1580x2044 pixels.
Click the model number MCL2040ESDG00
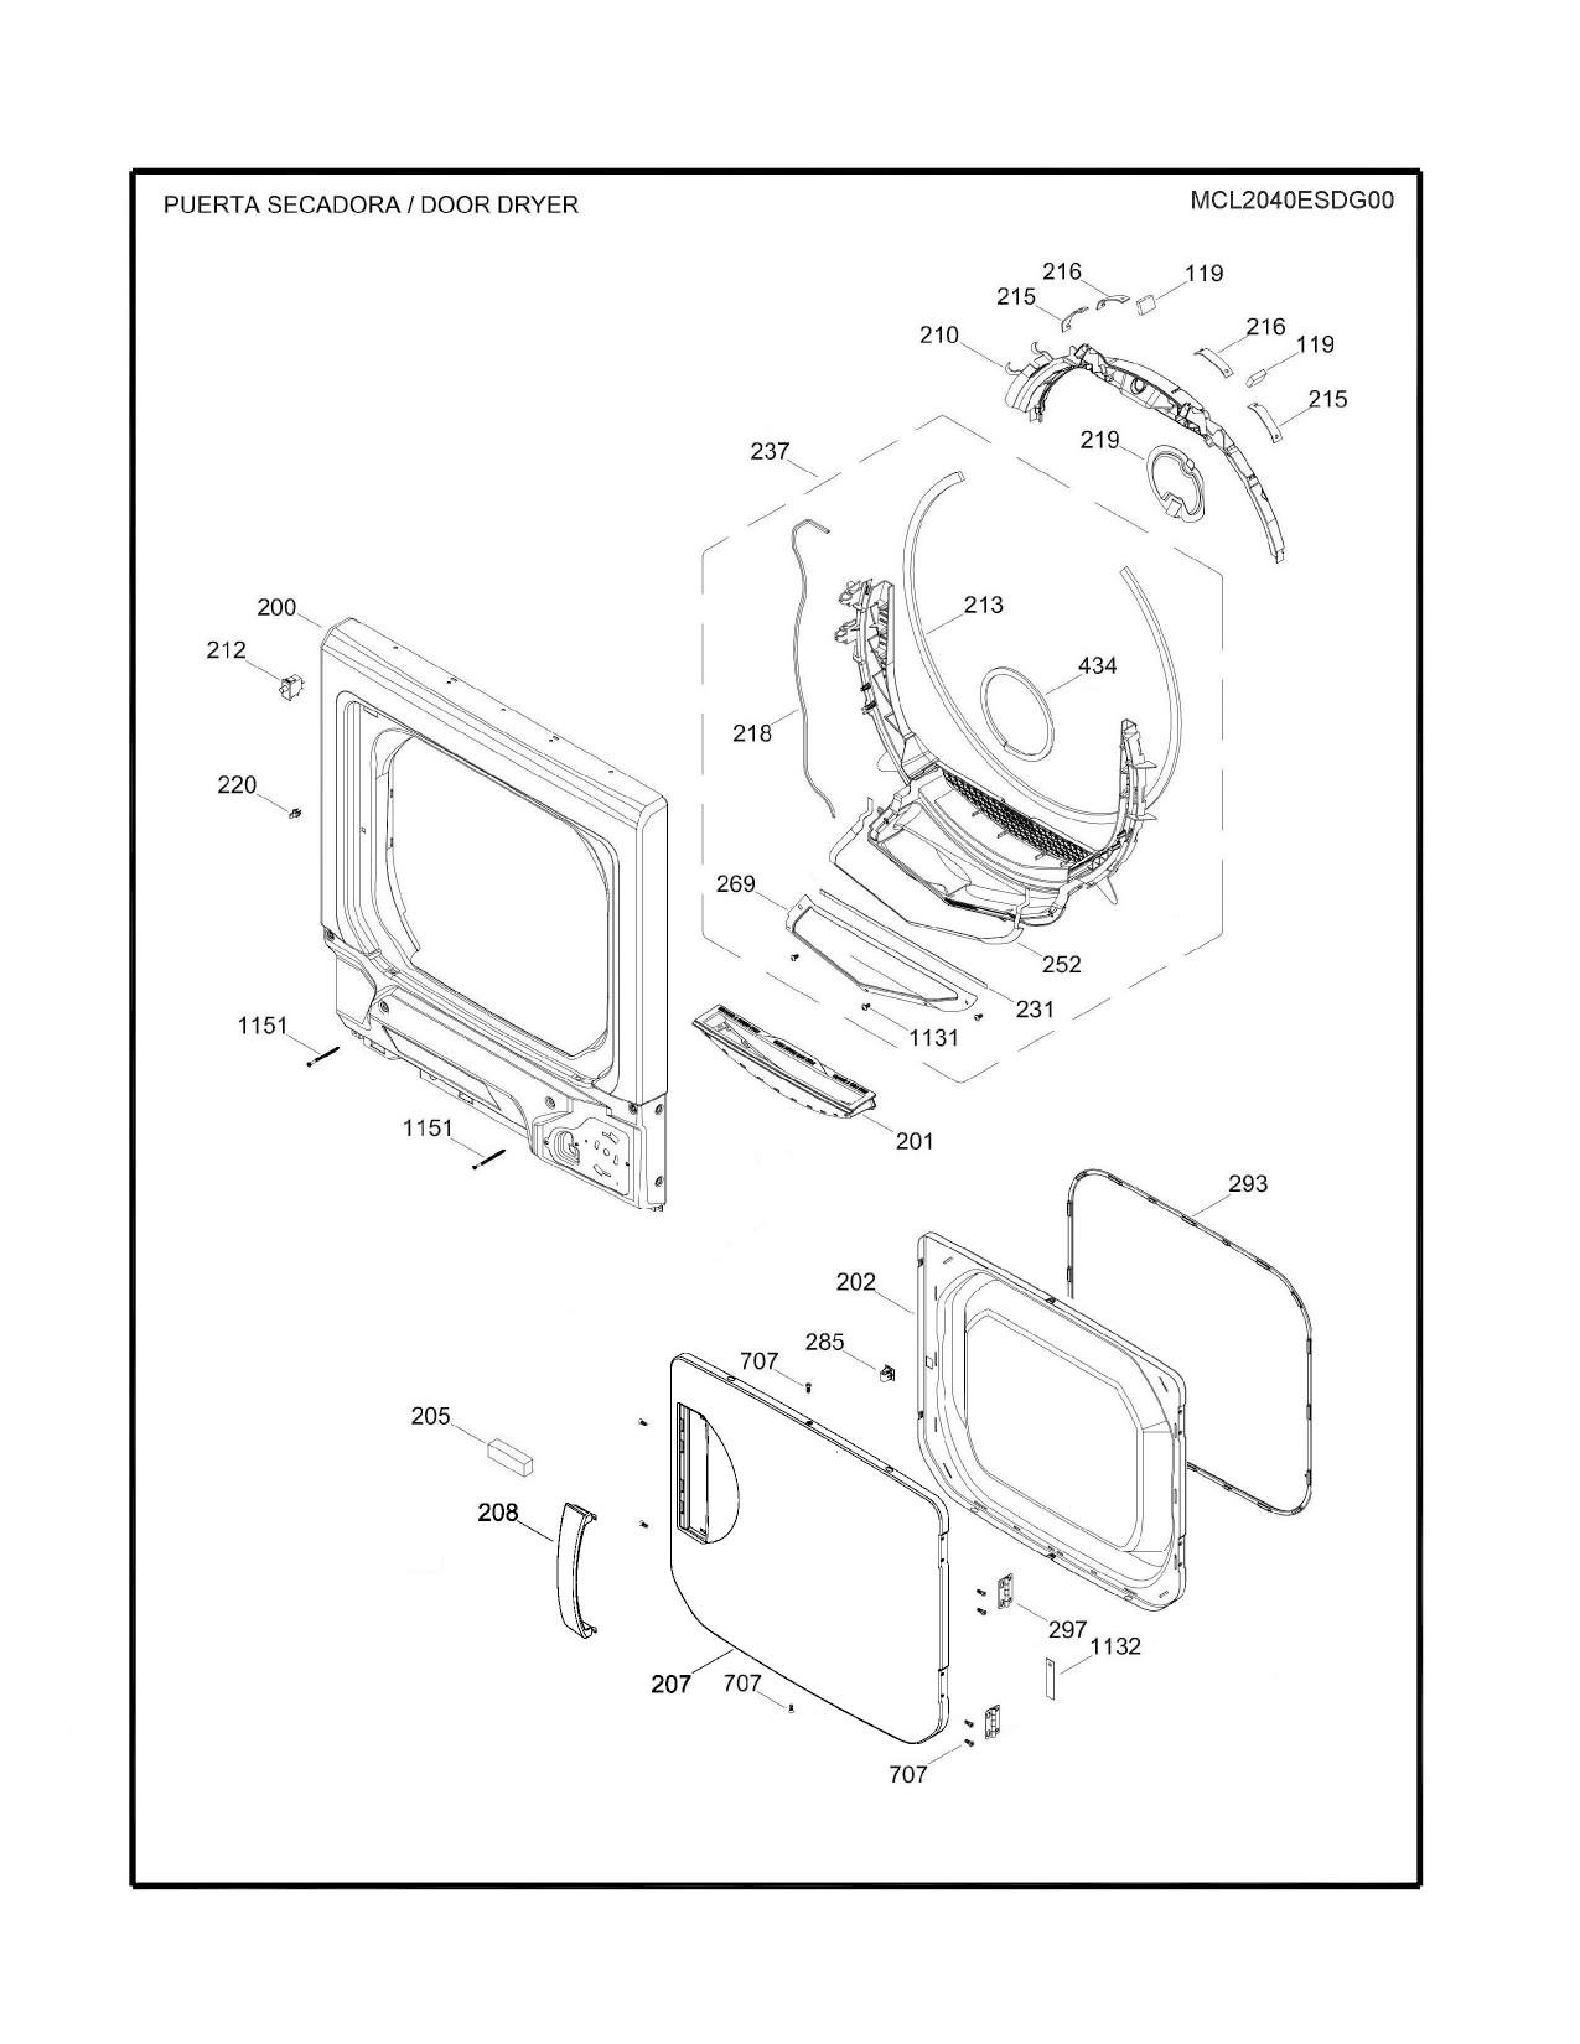point(1292,201)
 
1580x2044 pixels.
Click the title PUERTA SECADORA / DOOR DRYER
point(371,205)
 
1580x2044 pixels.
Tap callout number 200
point(276,608)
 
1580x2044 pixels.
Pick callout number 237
point(770,451)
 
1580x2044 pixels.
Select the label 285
point(825,1342)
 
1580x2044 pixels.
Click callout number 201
point(915,1141)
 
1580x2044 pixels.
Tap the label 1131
point(933,1037)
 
